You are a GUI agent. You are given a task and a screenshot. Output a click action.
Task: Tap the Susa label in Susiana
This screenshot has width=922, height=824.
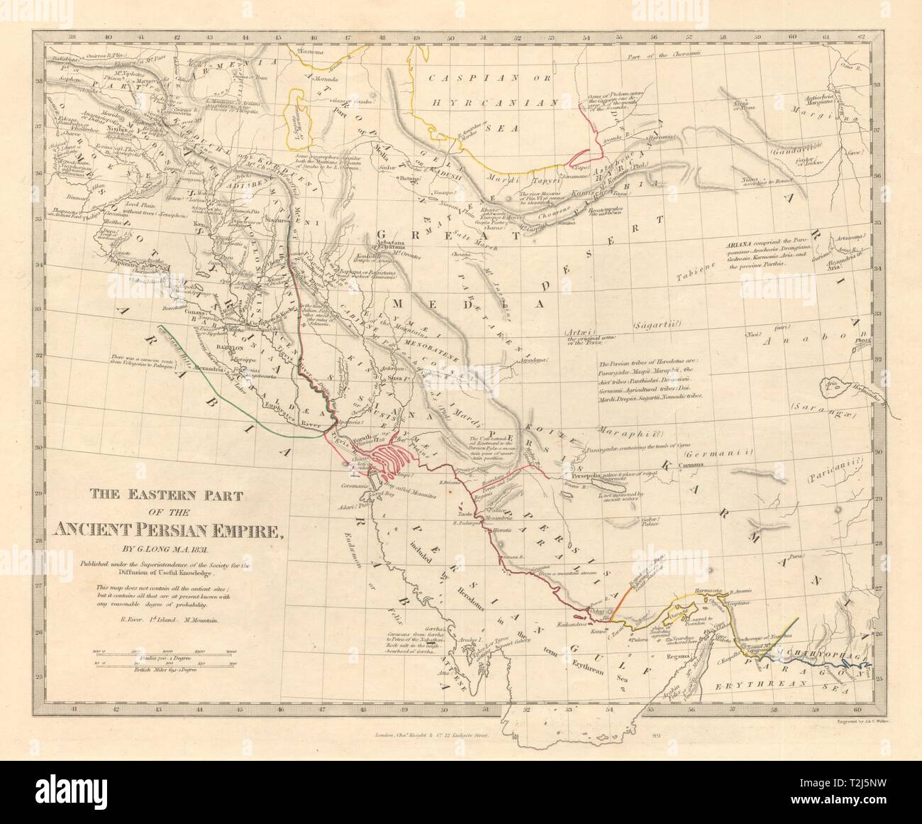point(396,380)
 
